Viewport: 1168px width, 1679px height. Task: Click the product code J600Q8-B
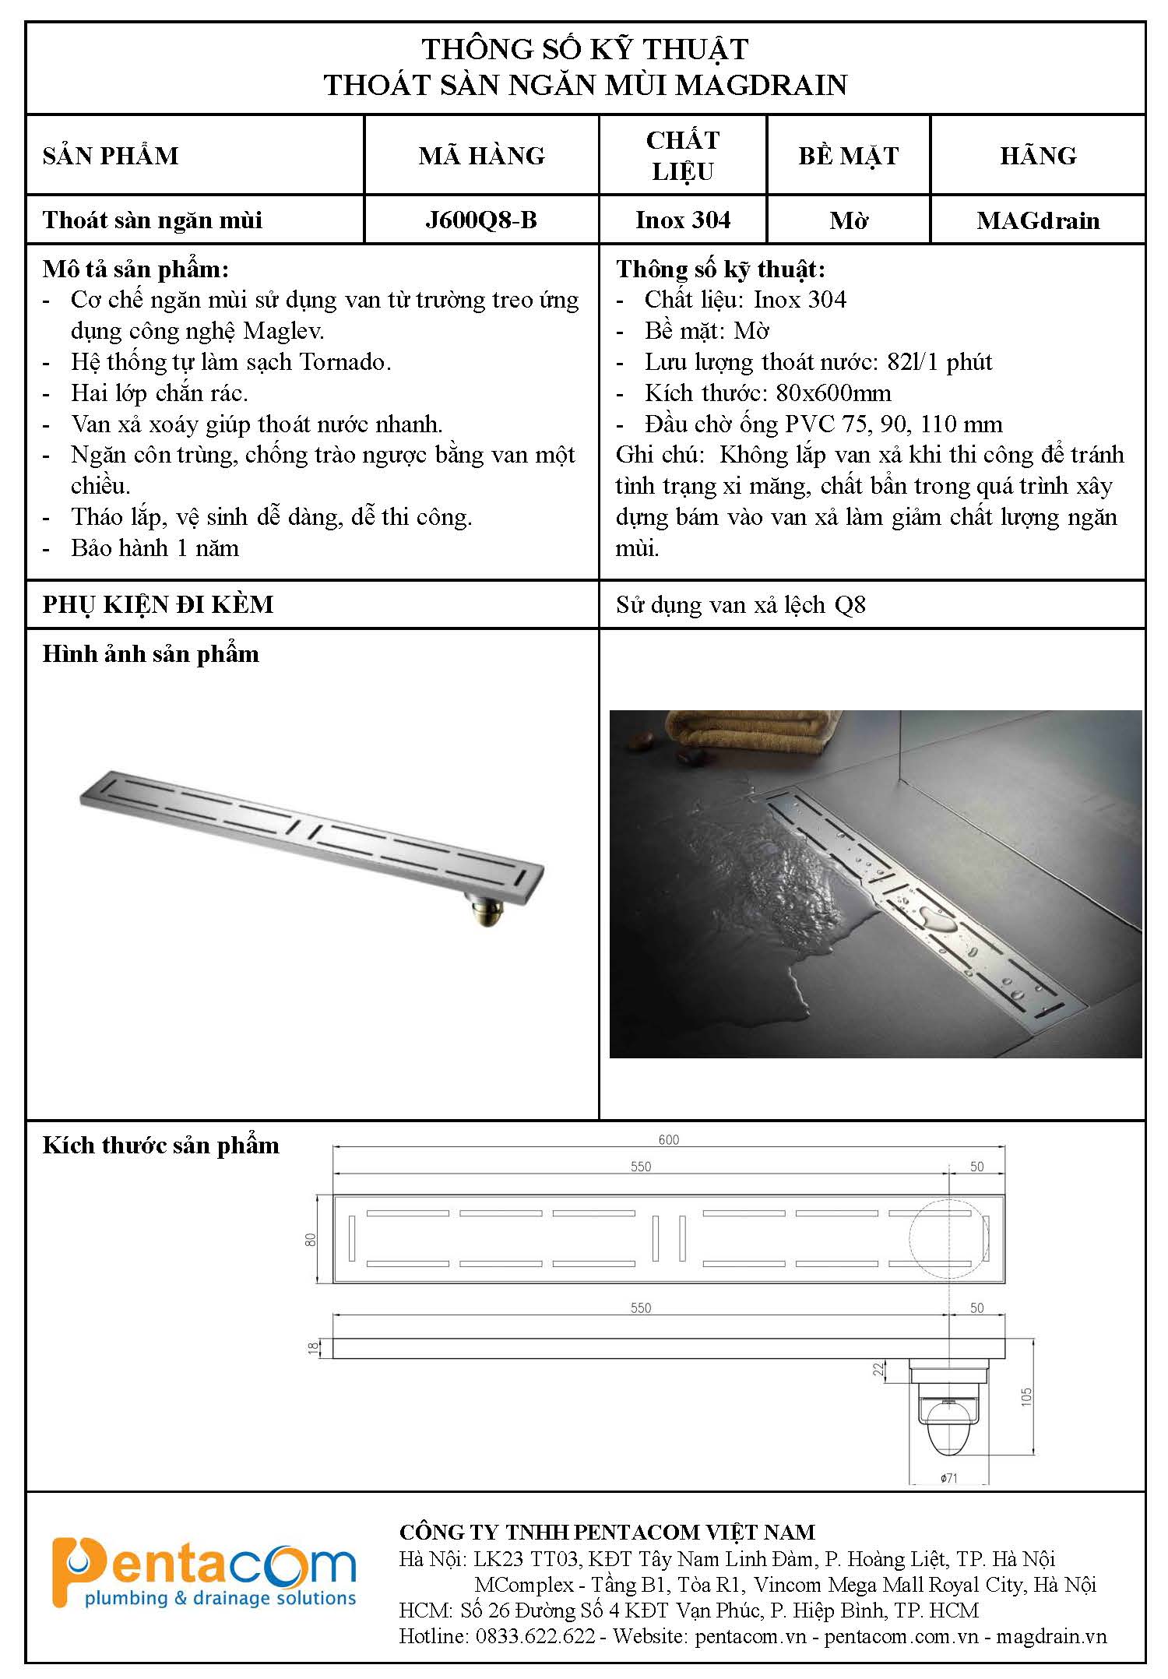(x=481, y=220)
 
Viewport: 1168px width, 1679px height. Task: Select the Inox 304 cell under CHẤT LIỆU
(x=683, y=220)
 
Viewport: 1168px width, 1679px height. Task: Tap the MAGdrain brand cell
(x=1038, y=220)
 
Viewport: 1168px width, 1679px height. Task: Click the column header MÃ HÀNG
(x=481, y=156)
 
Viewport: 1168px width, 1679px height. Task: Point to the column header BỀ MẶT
(x=848, y=156)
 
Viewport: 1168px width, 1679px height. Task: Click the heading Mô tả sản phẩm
(x=136, y=269)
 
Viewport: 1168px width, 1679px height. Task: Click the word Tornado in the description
(x=343, y=362)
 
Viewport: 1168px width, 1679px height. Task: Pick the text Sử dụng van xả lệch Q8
(x=741, y=605)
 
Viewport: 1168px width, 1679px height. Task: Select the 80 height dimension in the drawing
(x=311, y=1240)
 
